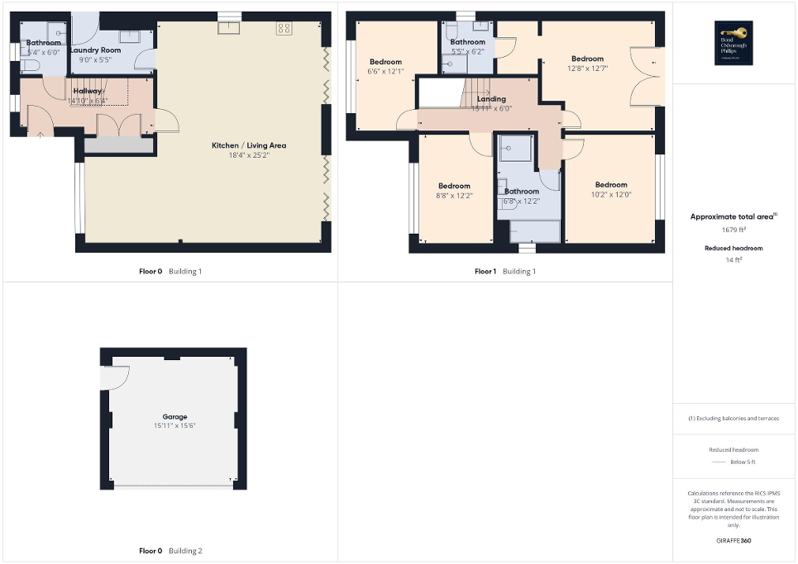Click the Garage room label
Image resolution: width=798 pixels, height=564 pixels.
pyautogui.click(x=174, y=417)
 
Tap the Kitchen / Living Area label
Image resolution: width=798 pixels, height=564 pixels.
pyautogui.click(x=249, y=145)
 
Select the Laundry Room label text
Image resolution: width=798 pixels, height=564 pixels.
pyautogui.click(x=95, y=50)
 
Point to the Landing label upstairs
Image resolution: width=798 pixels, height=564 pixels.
pyautogui.click(x=491, y=99)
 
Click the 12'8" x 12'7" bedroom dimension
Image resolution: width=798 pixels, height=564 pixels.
pyautogui.click(x=587, y=69)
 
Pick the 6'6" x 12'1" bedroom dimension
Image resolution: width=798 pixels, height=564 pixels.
pyautogui.click(x=385, y=72)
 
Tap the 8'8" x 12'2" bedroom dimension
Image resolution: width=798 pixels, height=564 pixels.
pyautogui.click(x=454, y=196)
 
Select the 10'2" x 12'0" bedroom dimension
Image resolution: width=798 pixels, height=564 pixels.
pyautogui.click(x=610, y=194)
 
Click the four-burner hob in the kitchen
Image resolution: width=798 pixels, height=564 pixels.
pyautogui.click(x=284, y=28)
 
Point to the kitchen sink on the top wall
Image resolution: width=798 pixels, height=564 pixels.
pyautogui.click(x=227, y=29)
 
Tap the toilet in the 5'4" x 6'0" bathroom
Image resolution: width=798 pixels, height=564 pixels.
pyautogui.click(x=26, y=65)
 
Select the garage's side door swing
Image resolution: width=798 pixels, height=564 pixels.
pyautogui.click(x=115, y=377)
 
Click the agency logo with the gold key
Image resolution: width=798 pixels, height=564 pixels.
pyautogui.click(x=731, y=42)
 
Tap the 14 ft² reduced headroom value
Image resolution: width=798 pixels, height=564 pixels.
pyautogui.click(x=733, y=259)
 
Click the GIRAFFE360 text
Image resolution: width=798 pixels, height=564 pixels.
pyautogui.click(x=733, y=541)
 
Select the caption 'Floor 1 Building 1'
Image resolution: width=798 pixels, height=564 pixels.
pyautogui.click(x=504, y=272)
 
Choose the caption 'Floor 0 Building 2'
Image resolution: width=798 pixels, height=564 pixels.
pyautogui.click(x=170, y=551)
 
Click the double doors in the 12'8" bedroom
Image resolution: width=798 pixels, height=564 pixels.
pyautogui.click(x=643, y=77)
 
